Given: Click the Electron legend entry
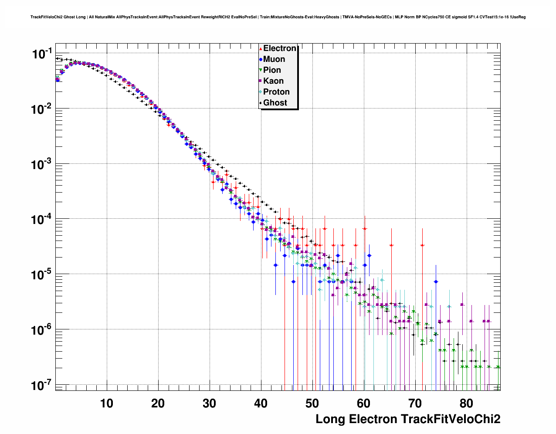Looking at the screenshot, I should click(280, 48).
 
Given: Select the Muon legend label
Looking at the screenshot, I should click(274, 59).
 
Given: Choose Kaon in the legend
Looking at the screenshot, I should click(273, 81).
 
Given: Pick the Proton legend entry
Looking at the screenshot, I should click(276, 92).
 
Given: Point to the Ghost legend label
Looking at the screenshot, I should click(275, 103).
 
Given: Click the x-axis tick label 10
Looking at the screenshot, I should click(106, 403).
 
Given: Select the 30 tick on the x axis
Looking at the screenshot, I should click(209, 403).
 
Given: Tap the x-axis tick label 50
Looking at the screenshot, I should click(312, 403).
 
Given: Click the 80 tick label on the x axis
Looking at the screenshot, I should click(466, 403).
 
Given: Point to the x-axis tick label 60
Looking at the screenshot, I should click(363, 403).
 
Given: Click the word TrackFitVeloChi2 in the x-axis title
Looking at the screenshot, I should click(450, 419).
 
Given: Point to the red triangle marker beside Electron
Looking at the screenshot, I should click(261, 49).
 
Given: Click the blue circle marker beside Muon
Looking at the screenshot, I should click(261, 60).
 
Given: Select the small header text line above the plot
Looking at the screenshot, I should click(278, 17).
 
